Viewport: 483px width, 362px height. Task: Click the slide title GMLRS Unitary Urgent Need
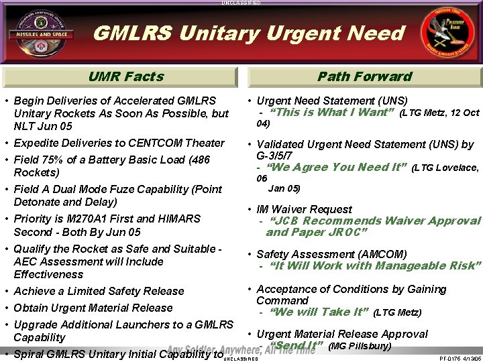coord(248,33)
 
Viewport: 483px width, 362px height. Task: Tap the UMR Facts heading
coord(126,76)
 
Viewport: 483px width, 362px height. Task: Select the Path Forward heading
coord(364,76)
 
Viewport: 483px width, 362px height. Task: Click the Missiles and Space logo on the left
coord(42,33)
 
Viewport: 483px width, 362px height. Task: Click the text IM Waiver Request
coord(304,209)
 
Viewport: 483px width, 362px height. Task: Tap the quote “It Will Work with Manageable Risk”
coord(375,265)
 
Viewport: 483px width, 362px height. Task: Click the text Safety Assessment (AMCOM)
coord(331,254)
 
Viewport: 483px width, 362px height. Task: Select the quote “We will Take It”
coord(319,312)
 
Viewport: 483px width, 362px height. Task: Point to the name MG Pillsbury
coord(360,346)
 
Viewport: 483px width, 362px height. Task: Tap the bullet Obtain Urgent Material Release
coord(93,308)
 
